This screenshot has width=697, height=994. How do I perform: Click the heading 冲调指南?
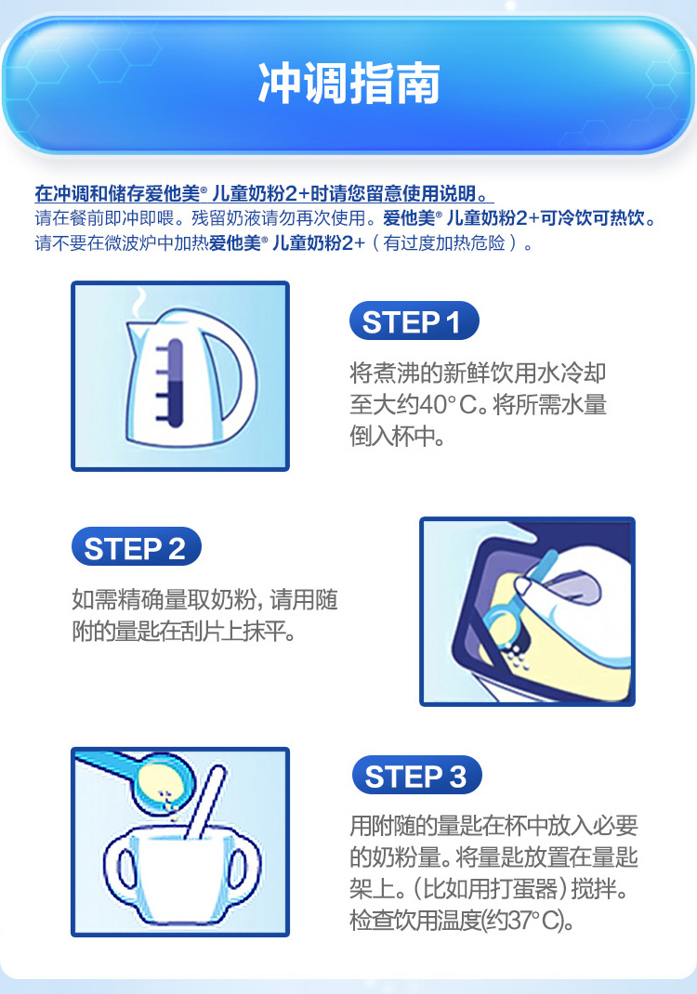pyautogui.click(x=348, y=83)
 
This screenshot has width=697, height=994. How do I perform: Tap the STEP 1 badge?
pyautogui.click(x=414, y=320)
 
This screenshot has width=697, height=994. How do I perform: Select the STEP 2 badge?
pyautogui.click(x=137, y=546)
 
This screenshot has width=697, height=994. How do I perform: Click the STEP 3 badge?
pyautogui.click(x=416, y=775)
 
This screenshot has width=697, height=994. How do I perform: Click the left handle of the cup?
pyautogui.click(x=121, y=868)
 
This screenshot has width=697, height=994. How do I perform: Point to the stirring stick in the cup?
pyautogui.click(x=207, y=803)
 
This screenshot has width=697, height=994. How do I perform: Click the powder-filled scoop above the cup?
pyautogui.click(x=162, y=783)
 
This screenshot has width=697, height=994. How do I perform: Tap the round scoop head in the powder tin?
pyautogui.click(x=505, y=625)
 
